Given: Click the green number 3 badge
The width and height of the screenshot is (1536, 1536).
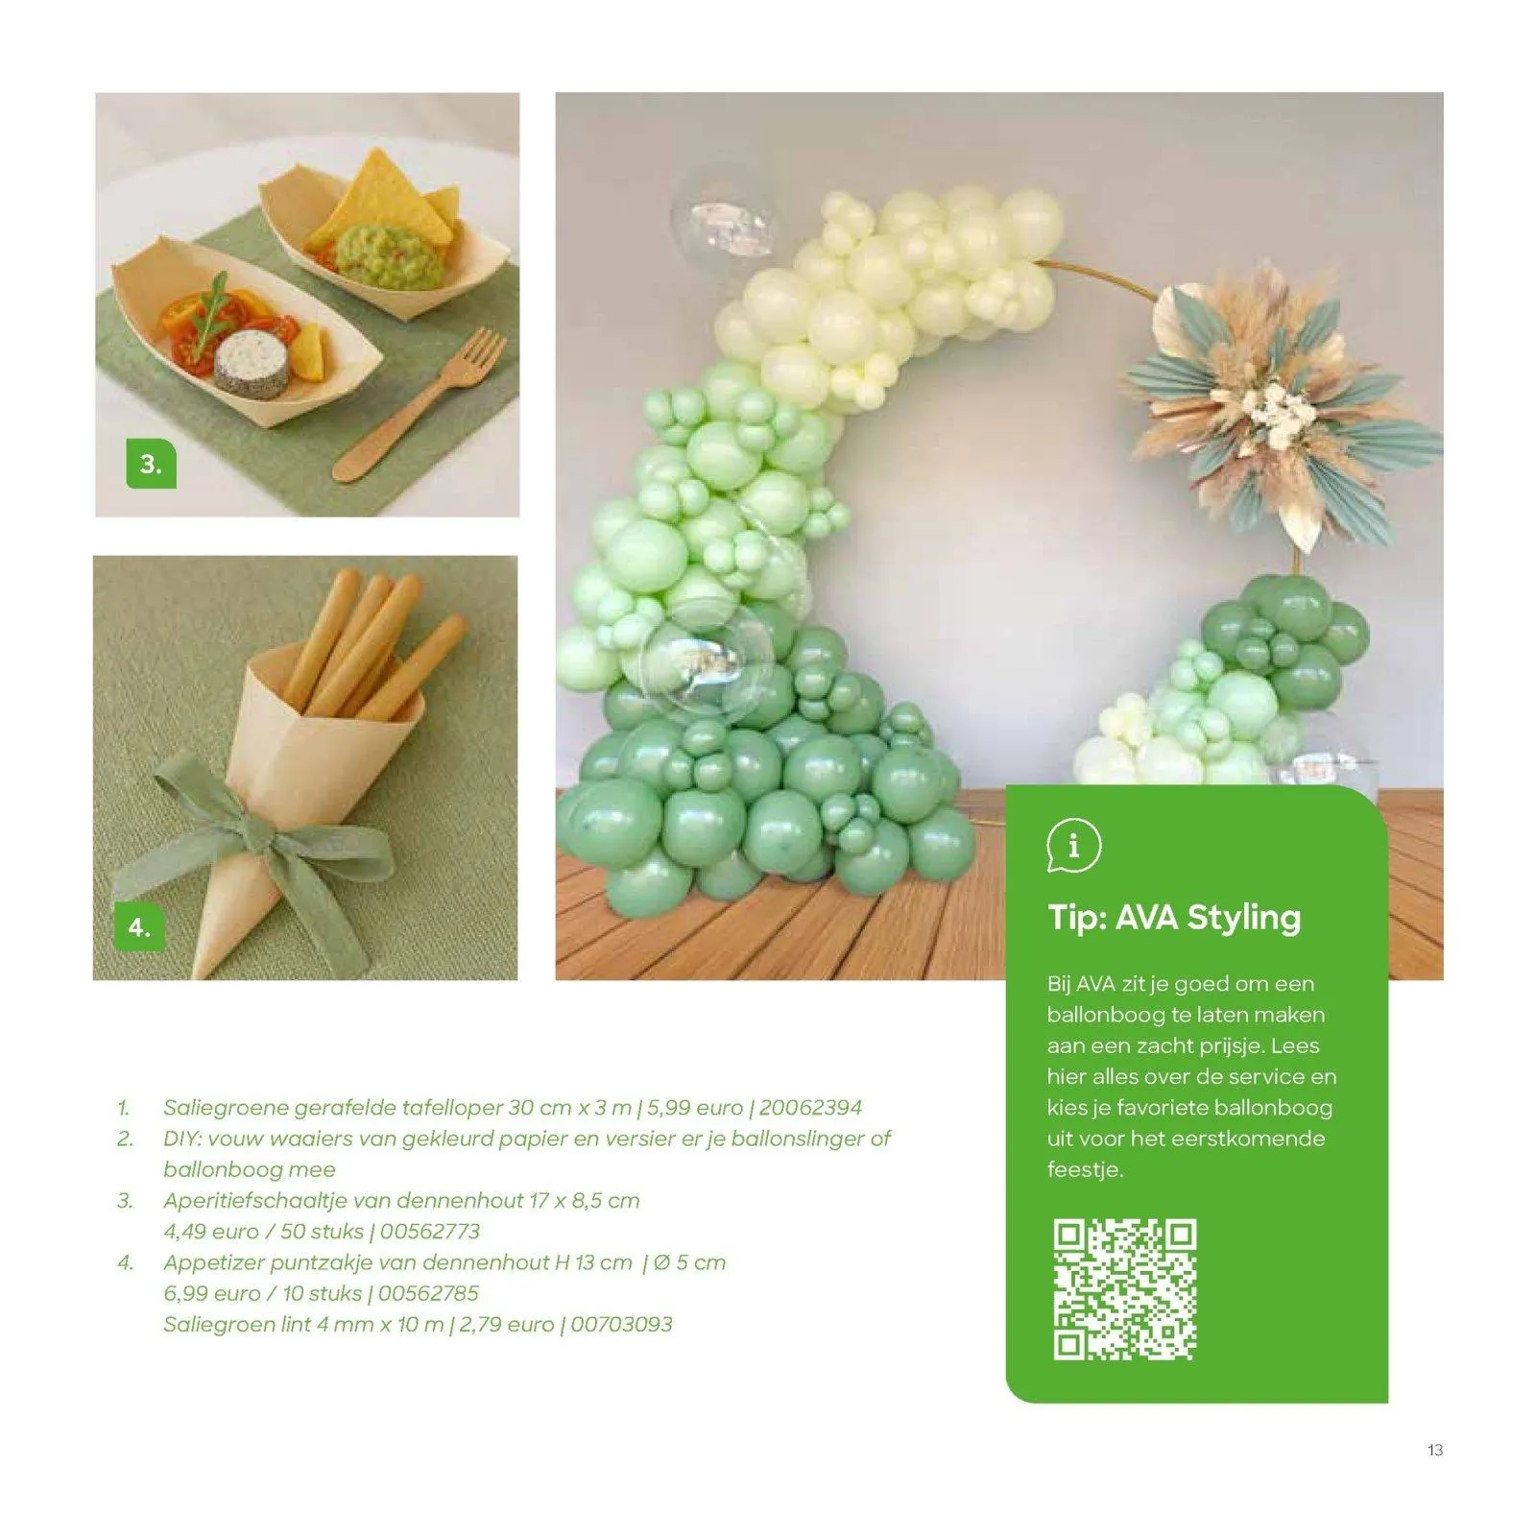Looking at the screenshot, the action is [x=151, y=464].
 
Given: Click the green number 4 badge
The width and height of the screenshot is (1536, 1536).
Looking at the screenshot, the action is [x=139, y=926].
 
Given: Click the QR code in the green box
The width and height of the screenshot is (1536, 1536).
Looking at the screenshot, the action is [x=1124, y=1289].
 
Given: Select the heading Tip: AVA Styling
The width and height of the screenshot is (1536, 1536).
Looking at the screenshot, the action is [x=1174, y=918].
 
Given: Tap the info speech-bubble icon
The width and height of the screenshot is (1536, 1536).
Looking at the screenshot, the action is [x=1073, y=846].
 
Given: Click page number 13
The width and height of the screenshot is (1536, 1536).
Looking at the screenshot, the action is [x=1434, y=1450].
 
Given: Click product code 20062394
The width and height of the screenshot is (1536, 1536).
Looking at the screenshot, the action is [x=810, y=1108].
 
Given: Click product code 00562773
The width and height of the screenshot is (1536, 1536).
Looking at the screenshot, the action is [x=429, y=1232].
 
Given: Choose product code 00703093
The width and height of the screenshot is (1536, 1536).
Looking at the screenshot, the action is [x=621, y=1325].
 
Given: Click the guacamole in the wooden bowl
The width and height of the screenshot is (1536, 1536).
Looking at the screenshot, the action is [x=387, y=255].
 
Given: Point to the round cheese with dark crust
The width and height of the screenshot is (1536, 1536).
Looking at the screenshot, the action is [x=252, y=363].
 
